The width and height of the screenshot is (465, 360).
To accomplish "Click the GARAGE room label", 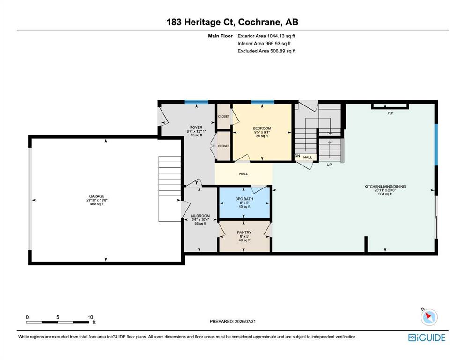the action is coord(96,196).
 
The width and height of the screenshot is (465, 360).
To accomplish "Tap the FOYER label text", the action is coord(196,127).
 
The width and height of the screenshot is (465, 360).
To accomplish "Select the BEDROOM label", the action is coord(262,128).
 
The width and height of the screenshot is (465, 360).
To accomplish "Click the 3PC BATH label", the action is coord(244,199).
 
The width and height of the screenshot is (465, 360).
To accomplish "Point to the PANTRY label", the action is coord(244,232).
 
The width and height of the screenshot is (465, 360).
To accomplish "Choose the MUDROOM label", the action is coord(200,216).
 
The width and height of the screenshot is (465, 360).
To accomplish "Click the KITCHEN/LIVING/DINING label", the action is coord(385,187).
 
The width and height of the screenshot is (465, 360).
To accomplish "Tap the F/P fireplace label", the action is coord(391,113).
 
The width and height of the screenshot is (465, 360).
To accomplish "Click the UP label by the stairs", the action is coord(329,165).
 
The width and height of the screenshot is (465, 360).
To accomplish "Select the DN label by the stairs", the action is coord(297,156).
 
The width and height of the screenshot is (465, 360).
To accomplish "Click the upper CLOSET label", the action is coord(224,116).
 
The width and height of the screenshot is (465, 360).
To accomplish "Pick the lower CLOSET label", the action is coord(224,146).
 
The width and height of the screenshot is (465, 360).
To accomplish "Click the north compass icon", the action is coord(429,317).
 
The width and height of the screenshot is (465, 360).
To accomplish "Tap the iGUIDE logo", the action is coord(427,338).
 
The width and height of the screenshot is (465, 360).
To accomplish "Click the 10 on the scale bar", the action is coord(90,317).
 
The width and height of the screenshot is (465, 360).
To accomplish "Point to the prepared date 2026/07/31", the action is coord(245,321).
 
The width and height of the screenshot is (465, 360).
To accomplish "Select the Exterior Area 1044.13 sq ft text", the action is coord(266,36).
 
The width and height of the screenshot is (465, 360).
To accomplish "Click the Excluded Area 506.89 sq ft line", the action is coord(266,51).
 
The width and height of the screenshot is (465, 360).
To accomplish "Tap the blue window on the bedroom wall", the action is coord(262,102).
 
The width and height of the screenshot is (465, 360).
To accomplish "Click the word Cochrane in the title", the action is coord(259,22).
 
